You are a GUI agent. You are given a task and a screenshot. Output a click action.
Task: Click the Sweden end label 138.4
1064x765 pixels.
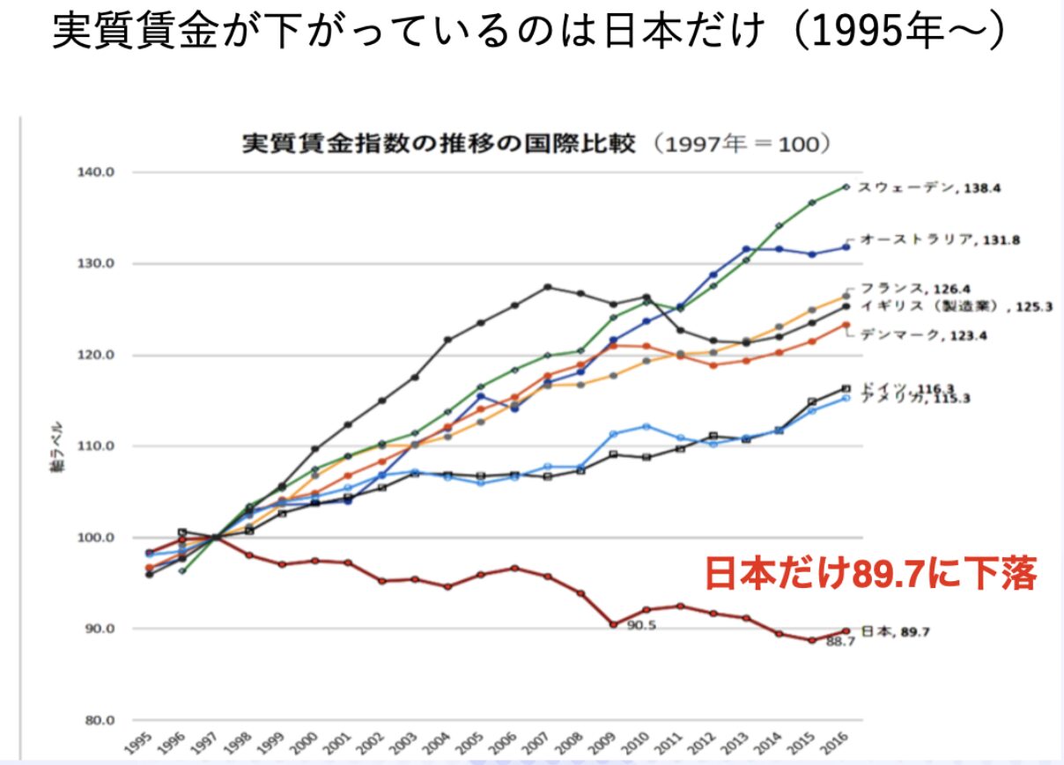pyautogui.click(x=928, y=188)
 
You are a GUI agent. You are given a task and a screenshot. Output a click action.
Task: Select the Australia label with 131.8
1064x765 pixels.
pyautogui.click(x=940, y=239)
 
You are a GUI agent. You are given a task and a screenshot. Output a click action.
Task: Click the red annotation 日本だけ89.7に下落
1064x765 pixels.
pyautogui.click(x=870, y=574)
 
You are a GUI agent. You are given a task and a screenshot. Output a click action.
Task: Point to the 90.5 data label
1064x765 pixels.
pyautogui.click(x=642, y=625)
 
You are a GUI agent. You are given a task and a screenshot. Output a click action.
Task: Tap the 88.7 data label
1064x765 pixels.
pyautogui.click(x=840, y=643)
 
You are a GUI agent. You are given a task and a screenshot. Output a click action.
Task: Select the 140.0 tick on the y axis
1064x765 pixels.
pyautogui.click(x=98, y=173)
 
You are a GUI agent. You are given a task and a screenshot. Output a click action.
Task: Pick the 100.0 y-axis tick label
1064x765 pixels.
pyautogui.click(x=98, y=538)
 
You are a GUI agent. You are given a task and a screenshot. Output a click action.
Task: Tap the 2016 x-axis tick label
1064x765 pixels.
pyautogui.click(x=840, y=745)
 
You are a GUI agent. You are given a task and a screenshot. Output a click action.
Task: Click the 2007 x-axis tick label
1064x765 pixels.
pyautogui.click(x=542, y=745)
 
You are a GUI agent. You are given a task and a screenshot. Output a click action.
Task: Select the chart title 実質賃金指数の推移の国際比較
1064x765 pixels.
pyautogui.click(x=438, y=143)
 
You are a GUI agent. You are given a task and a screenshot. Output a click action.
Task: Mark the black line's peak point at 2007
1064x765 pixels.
pyautogui.click(x=548, y=287)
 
